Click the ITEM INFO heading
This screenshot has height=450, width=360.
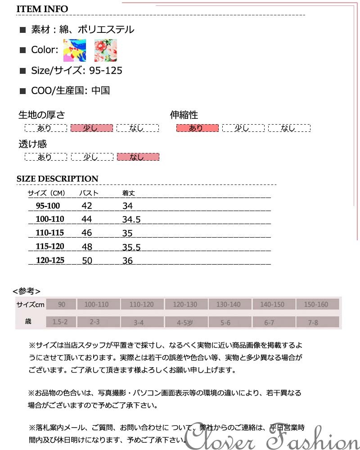point(42,9)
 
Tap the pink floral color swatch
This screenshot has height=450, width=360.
point(105,50)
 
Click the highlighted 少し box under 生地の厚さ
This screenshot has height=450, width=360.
point(92,128)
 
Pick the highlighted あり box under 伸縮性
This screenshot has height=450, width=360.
point(197,128)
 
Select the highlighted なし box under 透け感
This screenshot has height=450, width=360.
point(138,157)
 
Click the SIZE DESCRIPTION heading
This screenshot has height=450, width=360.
point(57,179)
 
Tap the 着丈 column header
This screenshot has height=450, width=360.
point(129,193)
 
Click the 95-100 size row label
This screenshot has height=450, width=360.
point(48,206)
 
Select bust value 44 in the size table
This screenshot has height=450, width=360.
point(87,219)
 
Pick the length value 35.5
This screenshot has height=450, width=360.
point(131,247)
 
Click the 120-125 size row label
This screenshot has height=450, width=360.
point(49,260)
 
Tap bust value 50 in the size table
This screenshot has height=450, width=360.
point(87,260)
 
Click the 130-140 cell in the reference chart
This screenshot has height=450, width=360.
point(229,305)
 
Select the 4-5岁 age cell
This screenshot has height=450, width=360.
point(184,322)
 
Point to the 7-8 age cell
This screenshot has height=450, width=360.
point(316,322)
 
